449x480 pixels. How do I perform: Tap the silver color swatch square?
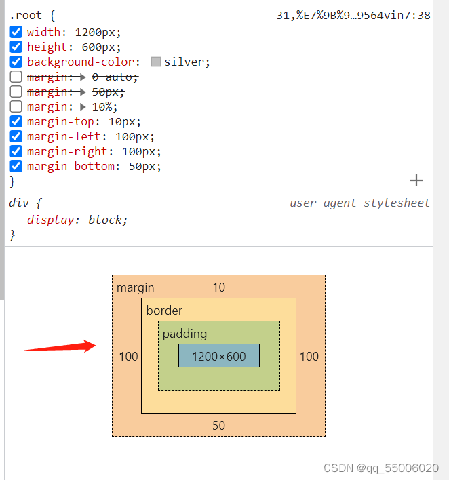pyautogui.click(x=156, y=62)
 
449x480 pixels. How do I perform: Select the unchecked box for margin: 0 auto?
pyautogui.click(x=16, y=77)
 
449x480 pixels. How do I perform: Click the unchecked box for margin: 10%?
pyautogui.click(x=16, y=106)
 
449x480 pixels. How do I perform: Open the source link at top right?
pyautogui.click(x=353, y=15)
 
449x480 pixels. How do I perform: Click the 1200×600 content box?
pyautogui.click(x=218, y=356)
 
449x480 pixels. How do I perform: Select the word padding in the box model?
pyautogui.click(x=184, y=334)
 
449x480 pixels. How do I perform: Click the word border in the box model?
pyautogui.click(x=164, y=311)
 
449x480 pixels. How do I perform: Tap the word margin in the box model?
pyautogui.click(x=136, y=287)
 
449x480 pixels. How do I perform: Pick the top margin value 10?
pyautogui.click(x=218, y=287)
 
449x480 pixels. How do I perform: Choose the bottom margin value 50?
pyautogui.click(x=218, y=425)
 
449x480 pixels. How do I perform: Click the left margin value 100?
pyautogui.click(x=128, y=356)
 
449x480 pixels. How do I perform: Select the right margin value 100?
pyautogui.click(x=309, y=356)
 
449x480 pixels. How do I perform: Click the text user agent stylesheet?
pyautogui.click(x=359, y=203)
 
